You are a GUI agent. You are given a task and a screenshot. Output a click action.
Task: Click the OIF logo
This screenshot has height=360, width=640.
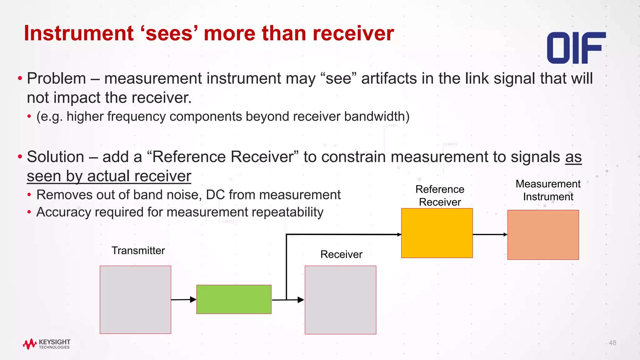pos(576,48)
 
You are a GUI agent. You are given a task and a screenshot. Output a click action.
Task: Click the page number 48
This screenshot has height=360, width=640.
pos(612,343)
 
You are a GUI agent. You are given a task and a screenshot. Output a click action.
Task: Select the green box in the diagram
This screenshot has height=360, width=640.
pos(234,299)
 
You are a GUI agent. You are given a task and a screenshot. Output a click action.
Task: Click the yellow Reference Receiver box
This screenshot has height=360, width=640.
pos(437,233)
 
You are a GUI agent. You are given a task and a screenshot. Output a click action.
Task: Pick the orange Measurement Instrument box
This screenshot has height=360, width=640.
pos(543,235)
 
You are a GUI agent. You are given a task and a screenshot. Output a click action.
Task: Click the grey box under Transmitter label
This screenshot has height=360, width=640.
pos(135,300)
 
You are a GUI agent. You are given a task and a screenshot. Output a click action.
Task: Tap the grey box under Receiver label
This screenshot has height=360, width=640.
pos(340,300)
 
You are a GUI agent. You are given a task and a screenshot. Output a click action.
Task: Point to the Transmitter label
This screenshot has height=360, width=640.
pos(138,251)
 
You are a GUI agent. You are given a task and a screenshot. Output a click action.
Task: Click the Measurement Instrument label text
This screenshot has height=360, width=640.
pos(548,190)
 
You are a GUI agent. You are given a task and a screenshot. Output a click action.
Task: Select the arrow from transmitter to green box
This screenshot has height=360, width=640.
pos(184,300)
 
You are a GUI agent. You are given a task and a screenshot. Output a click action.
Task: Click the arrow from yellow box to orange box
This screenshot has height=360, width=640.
pos(490,234)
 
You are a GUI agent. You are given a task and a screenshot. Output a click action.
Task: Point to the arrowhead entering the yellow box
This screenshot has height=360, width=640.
pos(399,234)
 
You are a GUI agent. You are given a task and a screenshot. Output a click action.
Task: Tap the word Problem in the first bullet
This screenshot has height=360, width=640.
pos(57,78)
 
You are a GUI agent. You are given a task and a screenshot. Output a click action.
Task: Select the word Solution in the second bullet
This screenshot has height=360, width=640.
pos(56,157)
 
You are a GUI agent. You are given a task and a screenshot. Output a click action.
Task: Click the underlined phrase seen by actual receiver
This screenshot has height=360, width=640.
pos(109,176)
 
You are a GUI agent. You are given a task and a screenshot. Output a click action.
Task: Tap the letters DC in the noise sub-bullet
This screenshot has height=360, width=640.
pos(215,195)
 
